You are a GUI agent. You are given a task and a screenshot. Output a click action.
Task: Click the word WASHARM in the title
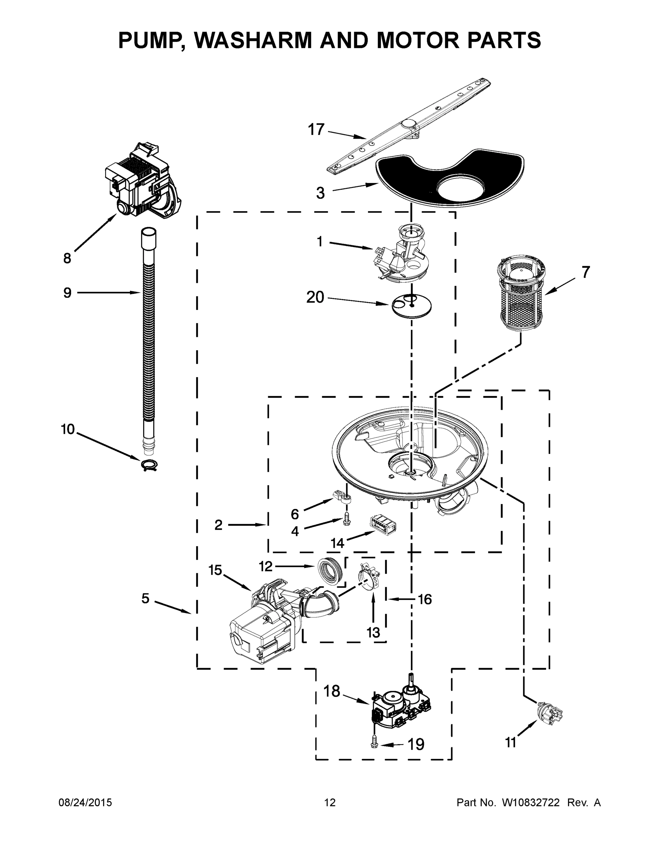coord(253,40)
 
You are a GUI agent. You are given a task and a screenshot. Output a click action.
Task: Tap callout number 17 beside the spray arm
coord(316,130)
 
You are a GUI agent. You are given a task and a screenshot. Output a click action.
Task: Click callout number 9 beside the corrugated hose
coord(67,293)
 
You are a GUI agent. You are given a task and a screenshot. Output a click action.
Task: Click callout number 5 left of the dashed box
coord(145,598)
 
